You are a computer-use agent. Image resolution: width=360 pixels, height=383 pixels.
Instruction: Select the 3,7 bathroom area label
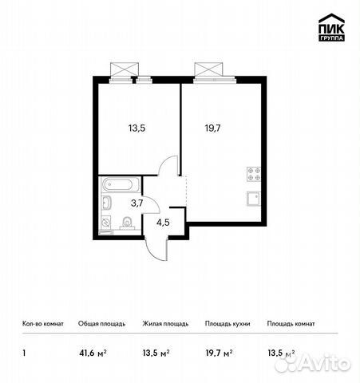coord(136,203)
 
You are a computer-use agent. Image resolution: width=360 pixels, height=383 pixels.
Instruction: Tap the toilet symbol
coord(128,222)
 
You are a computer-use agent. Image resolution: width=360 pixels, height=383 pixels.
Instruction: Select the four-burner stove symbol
coord(254,173)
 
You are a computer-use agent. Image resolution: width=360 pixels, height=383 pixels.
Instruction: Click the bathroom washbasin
coord(107,203)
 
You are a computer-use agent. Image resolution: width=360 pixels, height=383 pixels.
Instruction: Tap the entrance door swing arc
coord(159,247)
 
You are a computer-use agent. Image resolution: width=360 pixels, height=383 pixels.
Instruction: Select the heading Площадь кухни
coord(227,324)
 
